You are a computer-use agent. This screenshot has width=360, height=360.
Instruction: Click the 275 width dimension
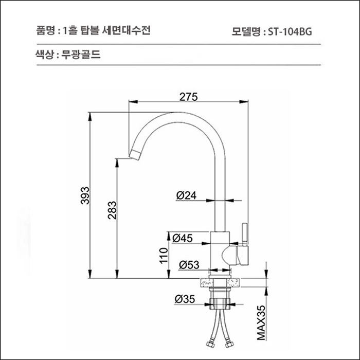pos(188,96)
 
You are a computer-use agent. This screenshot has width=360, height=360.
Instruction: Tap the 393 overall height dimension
pos(86,195)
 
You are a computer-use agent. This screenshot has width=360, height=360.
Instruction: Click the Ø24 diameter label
pos(186,195)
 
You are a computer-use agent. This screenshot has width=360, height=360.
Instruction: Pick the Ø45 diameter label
pos(183,238)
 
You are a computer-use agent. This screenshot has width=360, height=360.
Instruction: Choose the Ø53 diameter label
pos(189,265)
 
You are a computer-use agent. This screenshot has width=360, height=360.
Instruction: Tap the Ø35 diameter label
pos(185,299)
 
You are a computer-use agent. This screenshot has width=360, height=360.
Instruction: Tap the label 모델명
pos(246,31)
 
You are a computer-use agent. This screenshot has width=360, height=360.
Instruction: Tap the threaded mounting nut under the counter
pos(221,301)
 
